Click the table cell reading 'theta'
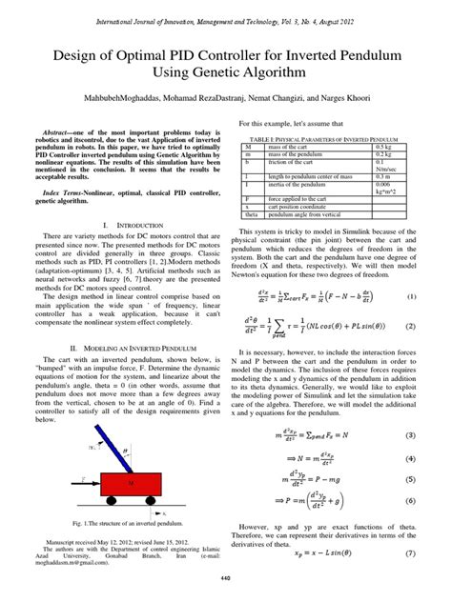coord(249,216)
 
